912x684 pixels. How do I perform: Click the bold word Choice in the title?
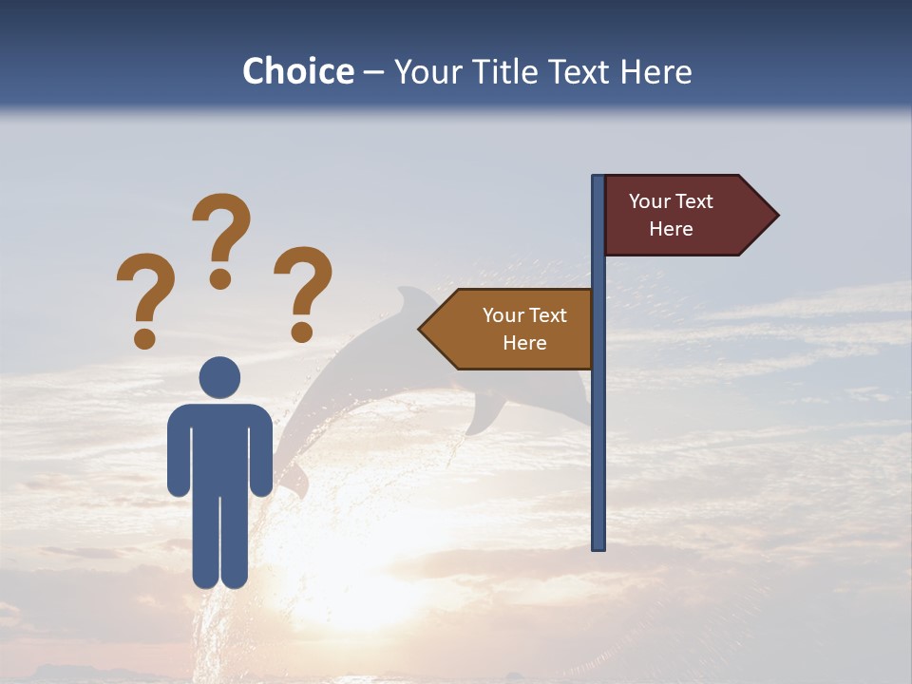tap(297, 71)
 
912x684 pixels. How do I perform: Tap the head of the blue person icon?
tap(219, 377)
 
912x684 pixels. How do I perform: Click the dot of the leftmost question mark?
tap(145, 337)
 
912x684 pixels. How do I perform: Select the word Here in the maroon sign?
tap(671, 229)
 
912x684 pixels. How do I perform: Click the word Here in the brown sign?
tap(524, 343)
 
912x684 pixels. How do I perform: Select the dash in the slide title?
tap(373, 73)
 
